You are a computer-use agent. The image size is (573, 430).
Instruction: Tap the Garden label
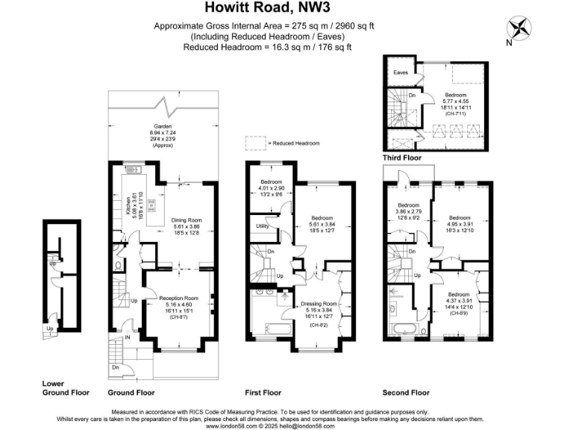tap(162, 127)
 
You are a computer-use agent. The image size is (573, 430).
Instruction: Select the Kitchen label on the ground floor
tap(128, 204)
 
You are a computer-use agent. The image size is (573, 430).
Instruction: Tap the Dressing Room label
tap(319, 304)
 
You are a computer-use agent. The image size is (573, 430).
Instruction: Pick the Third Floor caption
tap(402, 158)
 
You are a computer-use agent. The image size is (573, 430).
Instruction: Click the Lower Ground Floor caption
tap(66, 387)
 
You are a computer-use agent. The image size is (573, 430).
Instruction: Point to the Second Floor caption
tap(406, 392)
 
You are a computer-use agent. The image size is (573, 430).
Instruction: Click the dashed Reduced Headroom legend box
tap(255, 143)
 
